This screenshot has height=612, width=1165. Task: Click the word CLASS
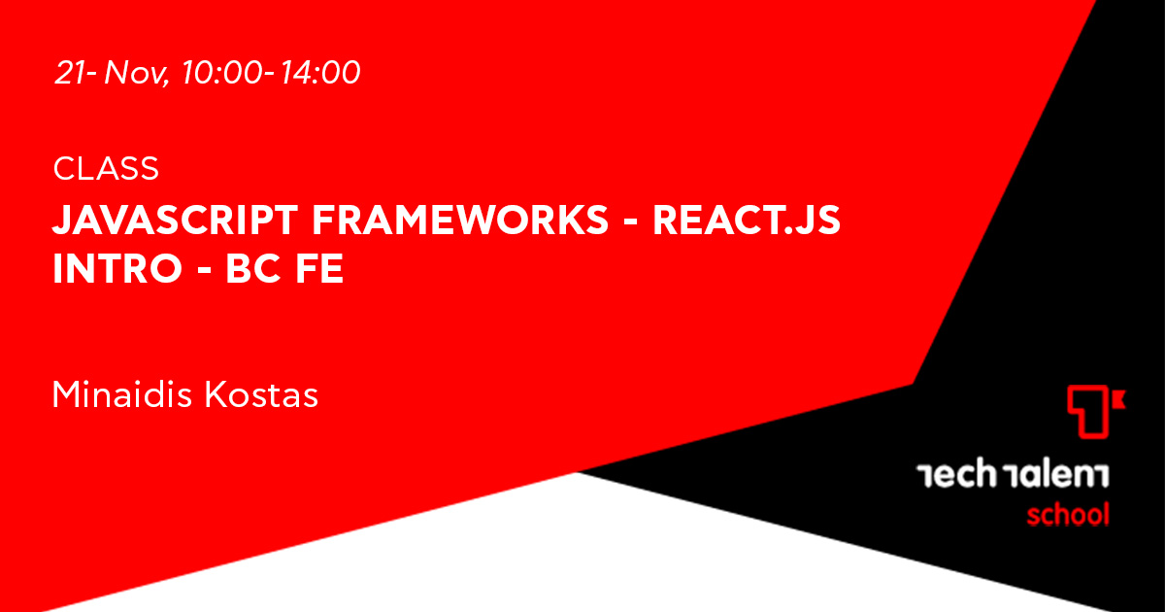pos(106,169)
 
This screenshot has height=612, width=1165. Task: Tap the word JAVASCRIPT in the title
pos(176,221)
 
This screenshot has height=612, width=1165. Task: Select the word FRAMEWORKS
pos(460,221)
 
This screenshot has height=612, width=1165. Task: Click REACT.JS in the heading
pos(747,221)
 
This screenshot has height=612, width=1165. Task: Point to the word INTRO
pos(117,268)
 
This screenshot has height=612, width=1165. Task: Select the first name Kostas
pos(261,394)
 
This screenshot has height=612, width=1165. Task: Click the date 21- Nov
pos(110,72)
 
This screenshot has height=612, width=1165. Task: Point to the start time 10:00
pos(222,72)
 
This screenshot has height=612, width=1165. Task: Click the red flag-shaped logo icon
pos(1096,412)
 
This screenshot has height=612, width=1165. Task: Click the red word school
pos(1068,514)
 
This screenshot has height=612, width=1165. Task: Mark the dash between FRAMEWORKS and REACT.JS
pos(630,222)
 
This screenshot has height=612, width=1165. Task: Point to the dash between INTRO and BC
pos(205,271)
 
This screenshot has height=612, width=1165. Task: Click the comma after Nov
pos(166,84)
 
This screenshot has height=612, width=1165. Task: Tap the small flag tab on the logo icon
pos(1118,400)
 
